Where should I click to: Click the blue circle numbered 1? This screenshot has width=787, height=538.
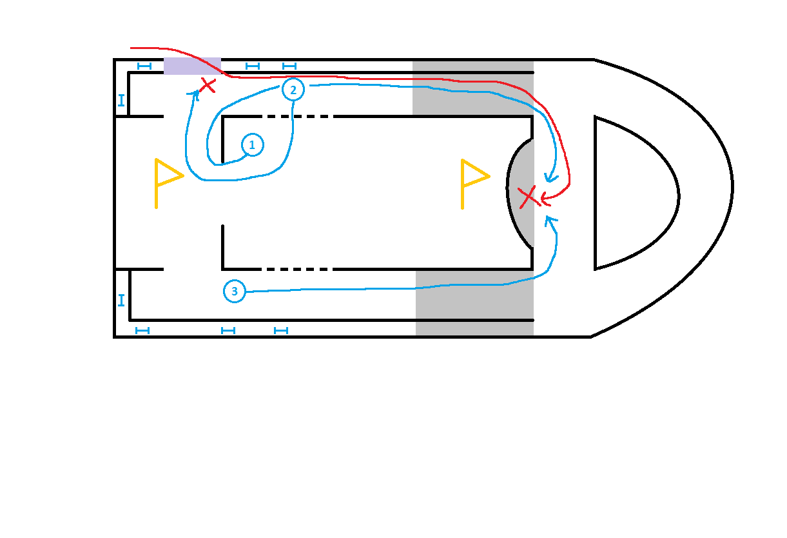pyautogui.click(x=252, y=146)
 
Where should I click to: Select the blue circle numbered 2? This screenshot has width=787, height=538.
pyautogui.click(x=293, y=90)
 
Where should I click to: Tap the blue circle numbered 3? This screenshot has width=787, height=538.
pyautogui.click(x=235, y=292)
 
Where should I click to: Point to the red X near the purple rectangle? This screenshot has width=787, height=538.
pyautogui.click(x=207, y=85)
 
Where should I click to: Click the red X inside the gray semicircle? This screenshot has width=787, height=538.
pyautogui.click(x=529, y=196)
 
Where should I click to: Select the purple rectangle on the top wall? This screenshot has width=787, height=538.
pyautogui.click(x=192, y=66)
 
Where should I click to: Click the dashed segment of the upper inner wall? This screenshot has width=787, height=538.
pyautogui.click(x=296, y=117)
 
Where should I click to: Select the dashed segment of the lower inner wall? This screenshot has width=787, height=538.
pyautogui.click(x=296, y=269)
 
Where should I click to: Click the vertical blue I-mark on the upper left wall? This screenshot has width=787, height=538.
pyautogui.click(x=121, y=101)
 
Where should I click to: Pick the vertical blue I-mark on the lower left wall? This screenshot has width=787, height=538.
pyautogui.click(x=121, y=300)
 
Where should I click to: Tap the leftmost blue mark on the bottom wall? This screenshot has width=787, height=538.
pyautogui.click(x=142, y=330)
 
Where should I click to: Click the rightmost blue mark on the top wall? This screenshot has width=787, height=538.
pyautogui.click(x=289, y=66)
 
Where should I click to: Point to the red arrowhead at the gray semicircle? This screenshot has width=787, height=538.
pyautogui.click(x=545, y=196)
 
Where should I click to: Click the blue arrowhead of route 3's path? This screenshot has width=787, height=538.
pyautogui.click(x=549, y=220)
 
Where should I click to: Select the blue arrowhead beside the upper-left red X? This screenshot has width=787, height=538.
pyautogui.click(x=193, y=94)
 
